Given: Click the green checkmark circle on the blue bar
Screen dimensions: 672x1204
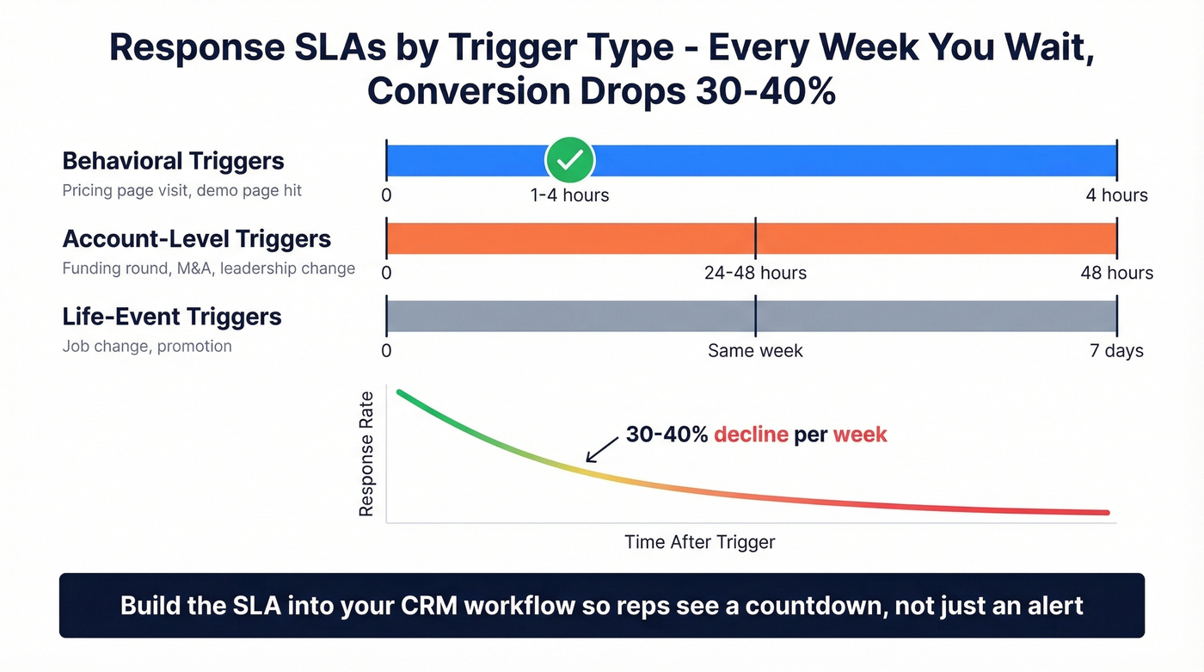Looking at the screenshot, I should click(x=570, y=160).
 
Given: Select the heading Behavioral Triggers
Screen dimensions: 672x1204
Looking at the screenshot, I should click(x=173, y=161).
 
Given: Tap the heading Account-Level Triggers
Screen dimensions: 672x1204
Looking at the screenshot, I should click(x=196, y=238).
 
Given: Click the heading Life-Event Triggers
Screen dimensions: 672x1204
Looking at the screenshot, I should click(x=172, y=317).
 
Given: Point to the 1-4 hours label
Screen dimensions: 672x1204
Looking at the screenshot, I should click(x=569, y=195).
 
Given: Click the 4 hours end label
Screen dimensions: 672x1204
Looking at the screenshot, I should click(x=1116, y=195).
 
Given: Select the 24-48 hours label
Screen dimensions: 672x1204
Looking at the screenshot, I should click(x=755, y=274).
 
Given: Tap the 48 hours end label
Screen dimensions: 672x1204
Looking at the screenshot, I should click(x=1116, y=274).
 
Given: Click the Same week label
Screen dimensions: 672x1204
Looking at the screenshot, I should click(x=755, y=351).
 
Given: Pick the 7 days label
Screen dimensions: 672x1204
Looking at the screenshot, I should click(x=1116, y=351).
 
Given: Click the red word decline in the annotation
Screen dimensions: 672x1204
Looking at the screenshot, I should click(x=751, y=435).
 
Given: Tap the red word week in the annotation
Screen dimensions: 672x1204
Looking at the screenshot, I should click(x=859, y=435).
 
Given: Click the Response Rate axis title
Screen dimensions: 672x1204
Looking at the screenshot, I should click(x=366, y=453).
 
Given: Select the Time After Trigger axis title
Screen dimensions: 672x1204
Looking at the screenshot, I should click(x=699, y=542).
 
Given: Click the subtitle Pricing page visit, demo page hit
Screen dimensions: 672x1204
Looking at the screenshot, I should click(x=182, y=190).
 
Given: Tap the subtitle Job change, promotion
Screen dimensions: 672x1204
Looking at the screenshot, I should click(x=147, y=346).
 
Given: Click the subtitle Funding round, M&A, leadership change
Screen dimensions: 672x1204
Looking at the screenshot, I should click(x=208, y=268).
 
